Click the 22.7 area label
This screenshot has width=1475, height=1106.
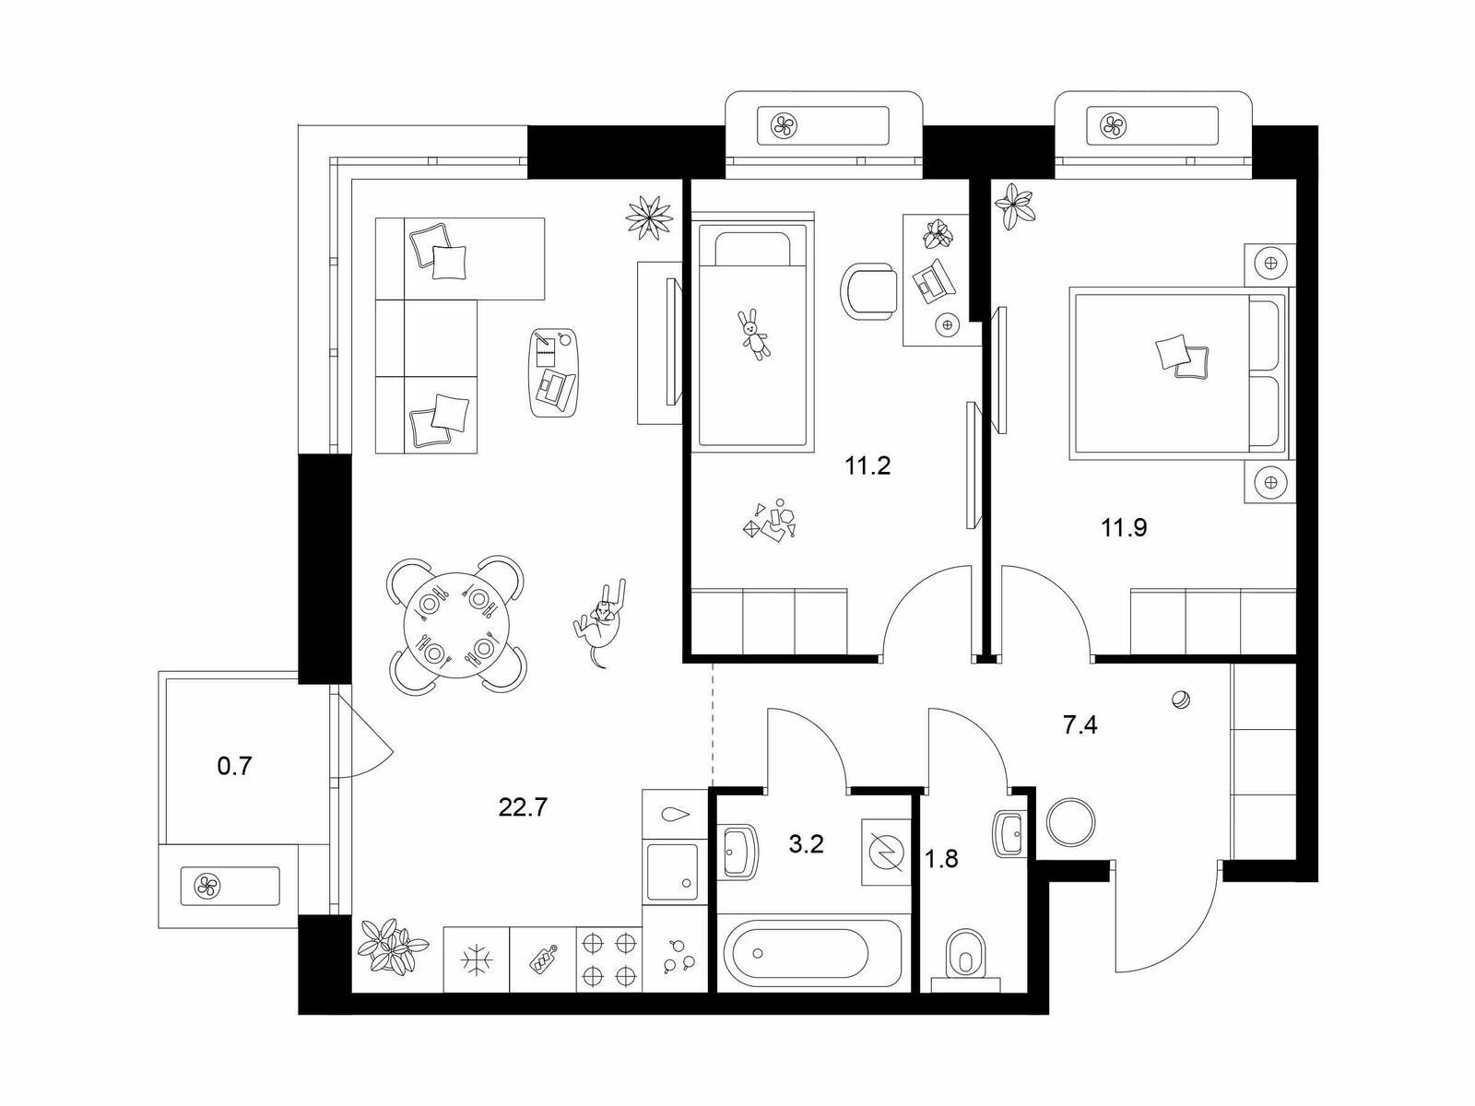(523, 807)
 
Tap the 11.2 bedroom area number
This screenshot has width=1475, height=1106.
(867, 465)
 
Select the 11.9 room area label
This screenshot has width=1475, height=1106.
(1124, 528)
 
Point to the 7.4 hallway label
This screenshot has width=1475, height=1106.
(1080, 725)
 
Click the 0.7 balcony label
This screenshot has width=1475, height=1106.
(234, 766)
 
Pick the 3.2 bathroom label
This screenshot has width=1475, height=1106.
(806, 844)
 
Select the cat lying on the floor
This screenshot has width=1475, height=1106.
(600, 622)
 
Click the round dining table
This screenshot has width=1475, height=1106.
(456, 625)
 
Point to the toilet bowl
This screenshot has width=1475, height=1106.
(964, 957)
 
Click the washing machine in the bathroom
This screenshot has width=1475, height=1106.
(886, 852)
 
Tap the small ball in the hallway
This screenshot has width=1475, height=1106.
(1181, 700)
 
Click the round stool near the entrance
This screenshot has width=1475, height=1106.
(1070, 821)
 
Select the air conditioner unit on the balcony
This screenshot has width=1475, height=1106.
(230, 886)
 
